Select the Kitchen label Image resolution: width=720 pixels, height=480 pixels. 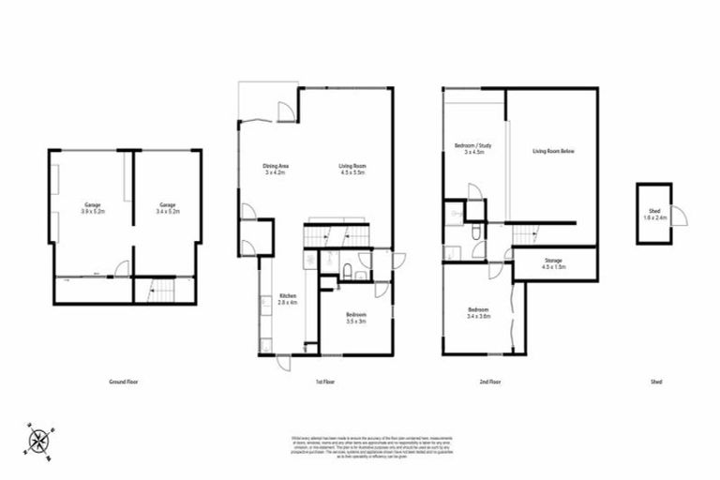point(286,299)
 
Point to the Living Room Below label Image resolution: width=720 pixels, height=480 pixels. point(552,151)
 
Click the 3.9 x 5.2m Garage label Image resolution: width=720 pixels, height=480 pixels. point(92,207)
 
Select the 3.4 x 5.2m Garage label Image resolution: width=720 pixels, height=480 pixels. point(167,207)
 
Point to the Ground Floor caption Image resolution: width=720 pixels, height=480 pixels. point(124,382)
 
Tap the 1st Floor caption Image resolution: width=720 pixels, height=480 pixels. point(319,382)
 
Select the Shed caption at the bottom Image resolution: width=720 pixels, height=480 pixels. point(655,382)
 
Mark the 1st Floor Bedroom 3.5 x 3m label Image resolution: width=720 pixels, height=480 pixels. point(354,317)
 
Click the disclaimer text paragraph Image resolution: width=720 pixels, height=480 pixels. point(360,444)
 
